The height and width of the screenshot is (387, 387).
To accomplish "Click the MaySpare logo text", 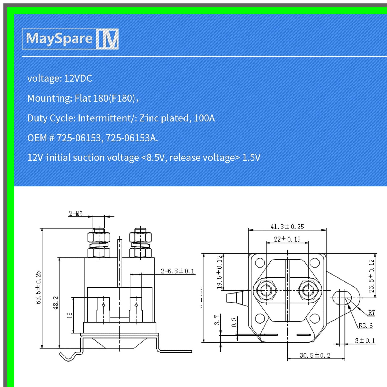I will tap(59, 38).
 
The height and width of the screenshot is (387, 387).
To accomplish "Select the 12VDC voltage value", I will tap(78, 78).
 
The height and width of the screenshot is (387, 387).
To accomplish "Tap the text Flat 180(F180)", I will tap(105, 98).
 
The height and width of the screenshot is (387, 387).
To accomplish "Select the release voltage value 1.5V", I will tap(251, 157).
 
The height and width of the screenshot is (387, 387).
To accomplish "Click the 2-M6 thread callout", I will tap(76, 213).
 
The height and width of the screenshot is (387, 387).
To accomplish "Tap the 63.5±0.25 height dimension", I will tap(38, 287).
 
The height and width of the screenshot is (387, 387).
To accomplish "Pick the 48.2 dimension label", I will tap(55, 303).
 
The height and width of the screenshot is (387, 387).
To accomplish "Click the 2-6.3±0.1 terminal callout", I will tap(178, 271).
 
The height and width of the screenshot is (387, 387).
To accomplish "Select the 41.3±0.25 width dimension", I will tap(287, 227).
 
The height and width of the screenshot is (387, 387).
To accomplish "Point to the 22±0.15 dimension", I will tap(287, 239).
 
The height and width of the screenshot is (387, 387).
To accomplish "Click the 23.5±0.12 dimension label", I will tap(371, 276).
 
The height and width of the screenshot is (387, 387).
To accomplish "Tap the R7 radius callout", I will tap(371, 312).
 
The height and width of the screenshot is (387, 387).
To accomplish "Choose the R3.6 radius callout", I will tap(366, 325).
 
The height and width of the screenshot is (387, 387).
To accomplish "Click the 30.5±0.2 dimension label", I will tap(315, 355).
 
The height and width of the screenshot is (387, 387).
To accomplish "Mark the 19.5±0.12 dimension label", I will tap(219, 272).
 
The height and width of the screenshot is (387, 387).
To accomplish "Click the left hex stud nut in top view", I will tap(266, 290).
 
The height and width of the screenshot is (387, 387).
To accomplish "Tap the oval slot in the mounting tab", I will tap(342, 298).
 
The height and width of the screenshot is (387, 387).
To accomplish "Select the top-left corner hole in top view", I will tap(260, 263).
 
